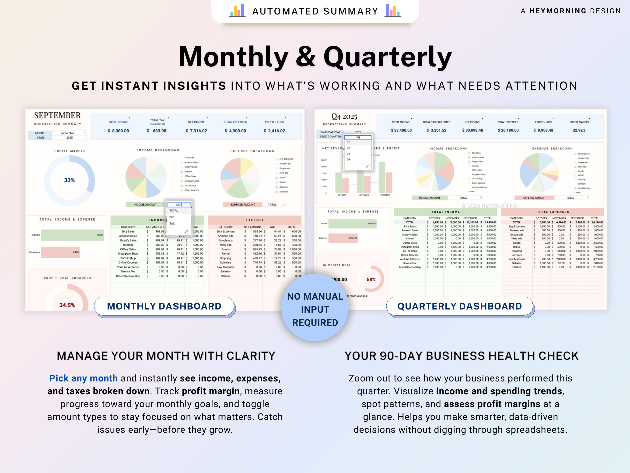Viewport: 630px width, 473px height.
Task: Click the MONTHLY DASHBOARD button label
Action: coord(164,306)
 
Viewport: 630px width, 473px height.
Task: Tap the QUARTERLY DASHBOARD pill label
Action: coord(459,306)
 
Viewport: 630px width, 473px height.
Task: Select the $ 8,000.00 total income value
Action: coord(118,131)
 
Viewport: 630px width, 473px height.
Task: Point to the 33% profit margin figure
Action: coord(69,180)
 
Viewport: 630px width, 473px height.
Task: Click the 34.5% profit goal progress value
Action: coord(67,305)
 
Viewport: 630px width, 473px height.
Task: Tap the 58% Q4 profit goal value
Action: coord(371,279)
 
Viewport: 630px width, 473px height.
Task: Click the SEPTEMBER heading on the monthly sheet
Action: coord(58,115)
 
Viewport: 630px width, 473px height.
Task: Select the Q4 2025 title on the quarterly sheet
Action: coord(344,117)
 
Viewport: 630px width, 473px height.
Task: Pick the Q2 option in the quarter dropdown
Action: coord(348,148)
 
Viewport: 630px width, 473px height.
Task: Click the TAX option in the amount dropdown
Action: coord(172,224)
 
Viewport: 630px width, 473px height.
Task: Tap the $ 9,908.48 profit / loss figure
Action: coord(543,130)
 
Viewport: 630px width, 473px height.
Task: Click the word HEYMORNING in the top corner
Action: coord(558,11)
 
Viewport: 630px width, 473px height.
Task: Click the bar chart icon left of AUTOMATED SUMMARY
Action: coord(237,11)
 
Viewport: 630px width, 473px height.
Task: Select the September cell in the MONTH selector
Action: coord(67,133)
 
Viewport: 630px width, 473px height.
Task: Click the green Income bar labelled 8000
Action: coord(72,235)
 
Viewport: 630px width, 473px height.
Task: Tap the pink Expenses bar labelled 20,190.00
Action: coord(343,238)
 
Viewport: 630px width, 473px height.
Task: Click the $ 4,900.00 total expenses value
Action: coord(235,131)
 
